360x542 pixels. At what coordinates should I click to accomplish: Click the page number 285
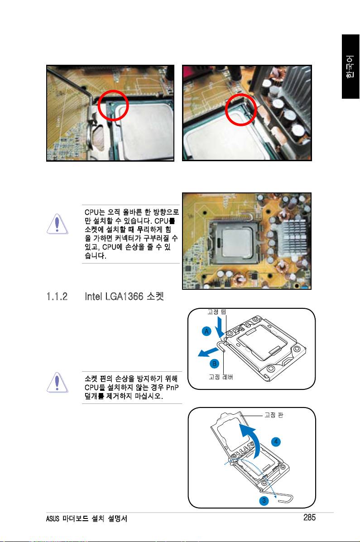(310, 517)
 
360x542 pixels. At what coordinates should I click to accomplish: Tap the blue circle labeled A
(207, 331)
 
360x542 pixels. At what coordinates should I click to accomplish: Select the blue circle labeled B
(214, 364)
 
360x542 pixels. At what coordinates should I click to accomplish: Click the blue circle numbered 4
(276, 441)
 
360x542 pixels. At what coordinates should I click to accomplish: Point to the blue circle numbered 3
(264, 500)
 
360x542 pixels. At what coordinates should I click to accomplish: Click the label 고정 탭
(217, 312)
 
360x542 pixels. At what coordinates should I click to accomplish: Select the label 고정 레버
(221, 377)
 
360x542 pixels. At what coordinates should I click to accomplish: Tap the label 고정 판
(274, 415)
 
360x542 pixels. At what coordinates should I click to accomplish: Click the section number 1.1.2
(57, 297)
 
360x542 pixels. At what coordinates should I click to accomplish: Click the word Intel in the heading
(93, 297)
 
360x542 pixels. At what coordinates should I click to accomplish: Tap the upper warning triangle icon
(58, 224)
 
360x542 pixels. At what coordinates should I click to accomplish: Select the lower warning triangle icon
(58, 383)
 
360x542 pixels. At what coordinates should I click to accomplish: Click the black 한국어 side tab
(350, 67)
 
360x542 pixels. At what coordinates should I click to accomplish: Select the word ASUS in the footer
(53, 518)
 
